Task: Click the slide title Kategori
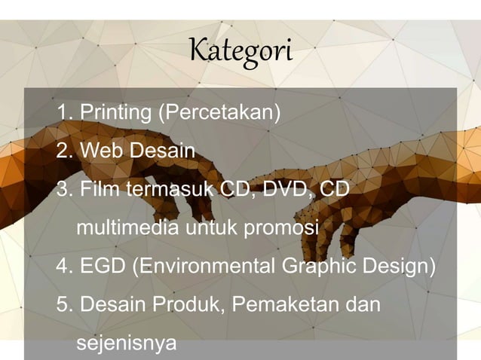(x=240, y=53)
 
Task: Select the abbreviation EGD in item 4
(x=103, y=267)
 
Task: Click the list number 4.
(x=63, y=267)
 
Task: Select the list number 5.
(x=63, y=305)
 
